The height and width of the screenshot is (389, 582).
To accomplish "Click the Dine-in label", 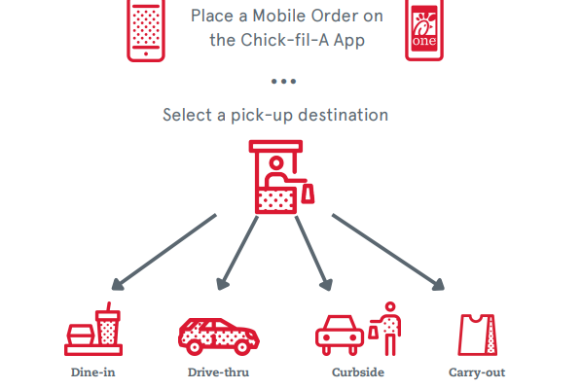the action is tap(92, 372).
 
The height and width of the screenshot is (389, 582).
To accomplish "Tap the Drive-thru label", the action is tap(218, 372).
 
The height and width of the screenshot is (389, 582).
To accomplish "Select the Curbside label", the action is tap(358, 372).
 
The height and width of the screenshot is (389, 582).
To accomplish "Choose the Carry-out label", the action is tap(477, 372).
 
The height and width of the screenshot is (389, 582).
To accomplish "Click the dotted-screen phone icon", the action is tap(146, 30).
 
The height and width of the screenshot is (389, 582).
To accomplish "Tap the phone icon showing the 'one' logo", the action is tap(424, 29).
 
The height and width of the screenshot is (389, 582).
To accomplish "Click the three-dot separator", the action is tap(283, 82).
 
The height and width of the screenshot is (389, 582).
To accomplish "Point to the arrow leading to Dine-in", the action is tap(164, 252).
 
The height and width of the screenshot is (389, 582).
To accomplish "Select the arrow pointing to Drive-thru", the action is tap(237, 253).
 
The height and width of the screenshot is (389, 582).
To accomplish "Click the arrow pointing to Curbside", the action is tap(313, 253).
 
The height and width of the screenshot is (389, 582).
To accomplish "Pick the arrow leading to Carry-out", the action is tap(388, 252).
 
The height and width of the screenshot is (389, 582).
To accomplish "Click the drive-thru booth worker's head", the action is tap(276, 162).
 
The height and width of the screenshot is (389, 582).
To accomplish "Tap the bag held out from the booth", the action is tap(308, 194).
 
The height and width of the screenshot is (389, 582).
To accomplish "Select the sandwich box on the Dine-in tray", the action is tap(81, 335).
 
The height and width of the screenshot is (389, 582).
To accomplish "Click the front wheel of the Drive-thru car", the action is tap(194, 347).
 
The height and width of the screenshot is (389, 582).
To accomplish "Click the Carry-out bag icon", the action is tap(477, 335).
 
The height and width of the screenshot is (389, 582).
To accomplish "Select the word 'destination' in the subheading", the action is tap(344, 115).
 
